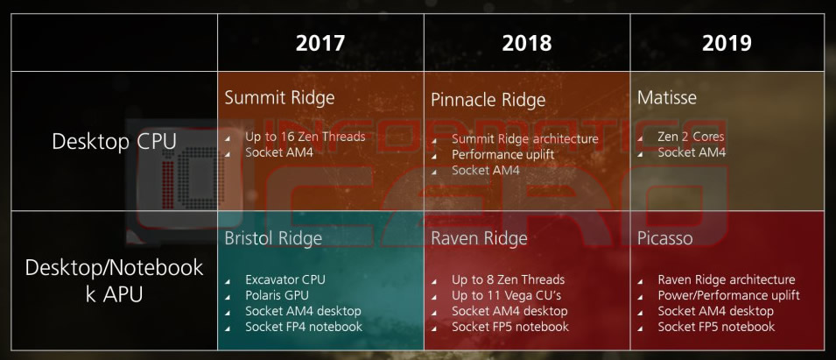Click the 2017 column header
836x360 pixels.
[x=320, y=43]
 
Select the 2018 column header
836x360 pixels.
[x=526, y=43]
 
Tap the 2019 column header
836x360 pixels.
[x=727, y=43]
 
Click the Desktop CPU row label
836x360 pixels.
[x=114, y=141]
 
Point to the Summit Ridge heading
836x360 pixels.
[x=279, y=97]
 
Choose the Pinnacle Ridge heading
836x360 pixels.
[x=488, y=100]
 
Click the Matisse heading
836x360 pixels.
[x=666, y=97]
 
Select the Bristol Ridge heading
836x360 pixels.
[x=273, y=238]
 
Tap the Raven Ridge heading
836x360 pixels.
[x=479, y=238]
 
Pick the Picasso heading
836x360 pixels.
[x=664, y=238]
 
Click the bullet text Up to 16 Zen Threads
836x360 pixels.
[x=305, y=137]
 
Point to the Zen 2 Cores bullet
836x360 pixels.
[x=691, y=137]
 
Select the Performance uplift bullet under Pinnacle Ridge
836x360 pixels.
[x=502, y=155]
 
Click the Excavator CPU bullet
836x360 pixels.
[x=285, y=279]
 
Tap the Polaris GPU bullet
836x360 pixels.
[x=277, y=295]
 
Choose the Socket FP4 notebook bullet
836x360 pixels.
[x=304, y=327]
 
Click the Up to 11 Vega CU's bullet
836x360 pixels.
[x=506, y=295]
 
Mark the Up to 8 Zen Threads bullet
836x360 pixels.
[x=508, y=279]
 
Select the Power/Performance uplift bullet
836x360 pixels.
[x=729, y=295]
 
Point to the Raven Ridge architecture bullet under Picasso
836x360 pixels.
[x=727, y=279]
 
